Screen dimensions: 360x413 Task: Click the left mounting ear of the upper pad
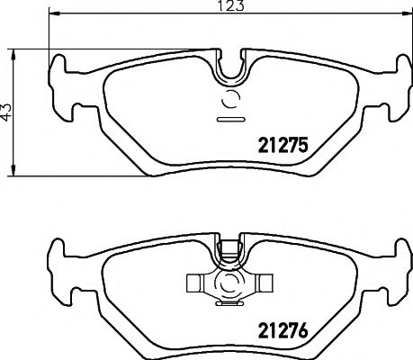(62, 85)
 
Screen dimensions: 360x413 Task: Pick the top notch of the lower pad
(232, 247)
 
